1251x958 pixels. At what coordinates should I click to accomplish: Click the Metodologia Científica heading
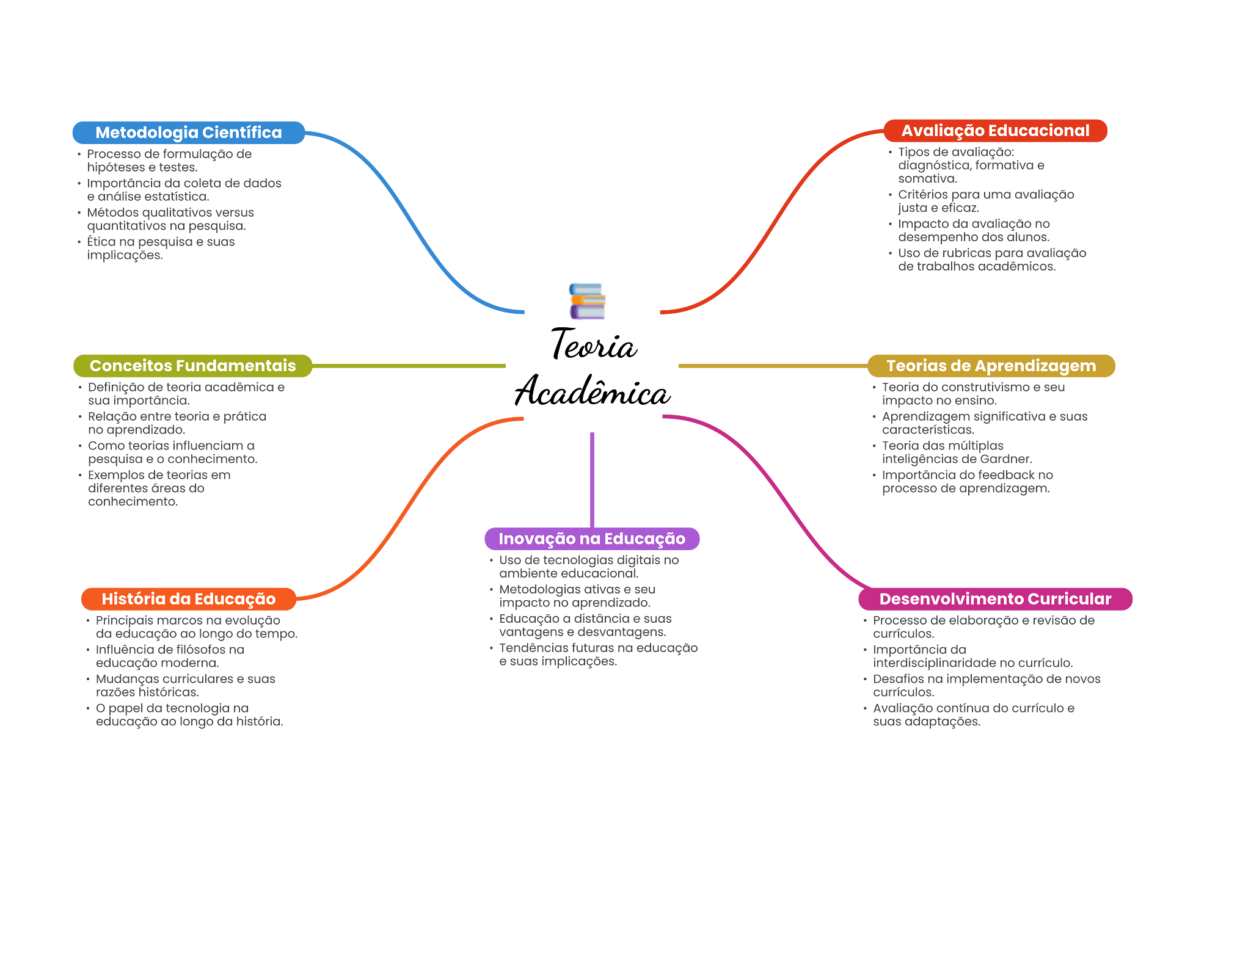pyautogui.click(x=188, y=132)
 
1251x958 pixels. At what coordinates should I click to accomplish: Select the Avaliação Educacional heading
pyautogui.click(x=995, y=131)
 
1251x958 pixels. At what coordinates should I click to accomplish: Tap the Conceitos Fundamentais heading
pyautogui.click(x=192, y=366)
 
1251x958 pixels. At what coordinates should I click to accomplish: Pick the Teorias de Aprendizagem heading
pyautogui.click(x=991, y=366)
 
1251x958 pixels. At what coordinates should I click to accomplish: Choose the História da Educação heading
pyautogui.click(x=188, y=599)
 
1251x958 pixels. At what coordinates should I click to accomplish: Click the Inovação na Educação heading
pyautogui.click(x=591, y=539)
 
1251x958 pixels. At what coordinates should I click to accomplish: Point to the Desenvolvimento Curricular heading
pyautogui.click(x=995, y=599)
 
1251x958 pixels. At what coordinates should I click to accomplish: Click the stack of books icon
pyautogui.click(x=587, y=301)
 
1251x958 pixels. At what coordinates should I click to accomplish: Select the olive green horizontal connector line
pyautogui.click(x=409, y=366)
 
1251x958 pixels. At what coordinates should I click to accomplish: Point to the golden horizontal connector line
pyautogui.click(x=772, y=366)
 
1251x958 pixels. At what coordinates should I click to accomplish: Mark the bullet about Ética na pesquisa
pyautogui.click(x=161, y=249)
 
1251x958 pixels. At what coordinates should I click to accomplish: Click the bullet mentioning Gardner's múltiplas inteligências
pyautogui.click(x=956, y=452)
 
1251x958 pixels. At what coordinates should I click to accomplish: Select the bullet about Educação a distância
pyautogui.click(x=585, y=625)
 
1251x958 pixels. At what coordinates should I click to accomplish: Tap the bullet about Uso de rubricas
pyautogui.click(x=991, y=260)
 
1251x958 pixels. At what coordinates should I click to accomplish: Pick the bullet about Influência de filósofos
pyautogui.click(x=170, y=656)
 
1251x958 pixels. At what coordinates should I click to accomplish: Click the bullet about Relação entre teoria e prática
pyautogui.click(x=177, y=423)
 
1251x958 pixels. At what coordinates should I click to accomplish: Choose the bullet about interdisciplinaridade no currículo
pyautogui.click(x=972, y=656)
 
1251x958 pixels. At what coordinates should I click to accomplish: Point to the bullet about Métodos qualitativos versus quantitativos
pyautogui.click(x=170, y=219)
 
